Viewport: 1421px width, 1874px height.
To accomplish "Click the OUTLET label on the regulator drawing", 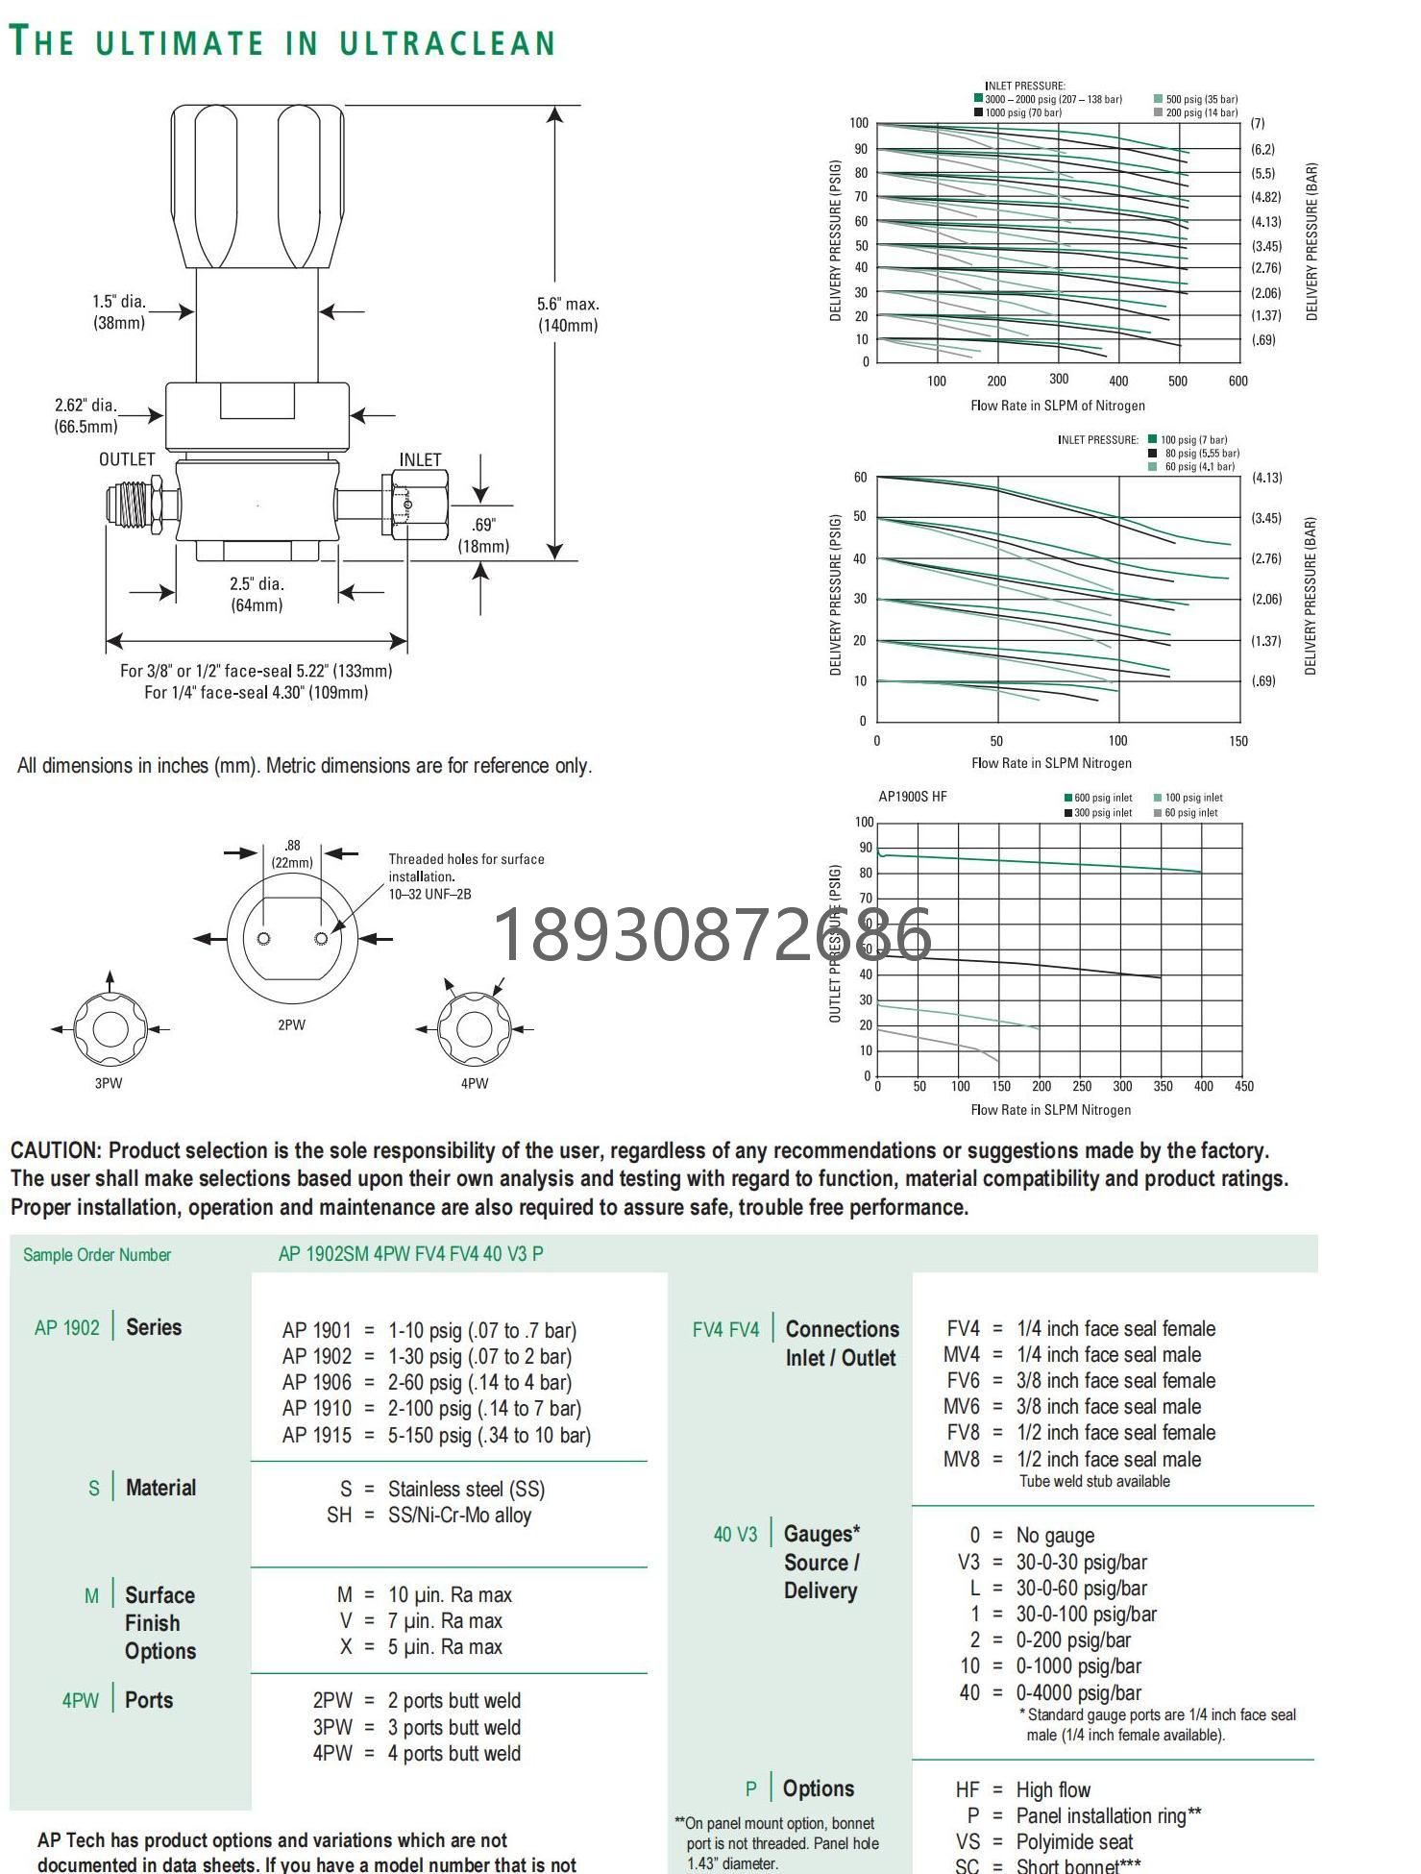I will click(127, 459).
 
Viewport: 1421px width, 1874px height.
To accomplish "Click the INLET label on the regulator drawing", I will click(420, 460).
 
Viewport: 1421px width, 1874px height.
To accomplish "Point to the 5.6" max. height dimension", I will click(568, 305).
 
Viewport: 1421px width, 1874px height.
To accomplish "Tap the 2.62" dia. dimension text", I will click(86, 406).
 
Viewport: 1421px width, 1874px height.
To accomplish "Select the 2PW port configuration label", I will click(291, 1025).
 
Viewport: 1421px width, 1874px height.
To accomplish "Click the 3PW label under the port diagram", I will click(109, 1083).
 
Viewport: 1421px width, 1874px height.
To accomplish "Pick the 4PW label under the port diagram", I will click(475, 1083).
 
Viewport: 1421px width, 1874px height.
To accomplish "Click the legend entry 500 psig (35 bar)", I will click(1201, 99).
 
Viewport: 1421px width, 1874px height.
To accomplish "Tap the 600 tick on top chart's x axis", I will click(1238, 382).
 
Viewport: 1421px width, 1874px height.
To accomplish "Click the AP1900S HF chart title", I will click(913, 797).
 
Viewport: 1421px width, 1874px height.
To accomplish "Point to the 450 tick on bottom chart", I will click(1244, 1087).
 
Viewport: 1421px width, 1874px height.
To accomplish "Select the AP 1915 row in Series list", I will click(436, 1435).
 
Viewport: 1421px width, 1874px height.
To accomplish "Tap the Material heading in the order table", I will click(160, 1488).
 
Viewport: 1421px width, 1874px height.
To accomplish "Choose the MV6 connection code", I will click(962, 1407).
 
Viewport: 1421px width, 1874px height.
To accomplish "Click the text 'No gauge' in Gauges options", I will click(1055, 1536).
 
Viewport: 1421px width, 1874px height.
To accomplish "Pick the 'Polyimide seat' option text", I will click(1074, 1842).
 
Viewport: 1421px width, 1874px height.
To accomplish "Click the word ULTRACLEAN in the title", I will click(447, 43).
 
